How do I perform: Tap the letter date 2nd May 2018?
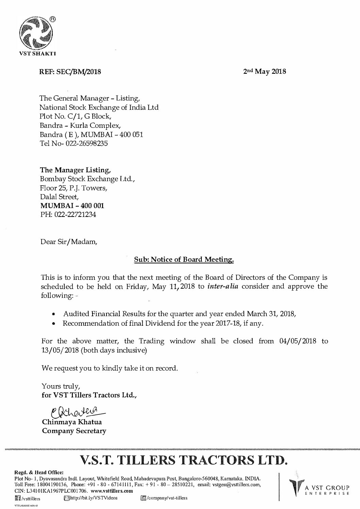pyautogui.click(x=265, y=72)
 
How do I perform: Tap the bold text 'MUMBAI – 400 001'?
pyautogui.click(x=72, y=206)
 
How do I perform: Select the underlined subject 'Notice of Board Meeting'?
pyautogui.click(x=184, y=260)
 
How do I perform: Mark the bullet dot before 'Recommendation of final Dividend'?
pyautogui.click(x=53, y=324)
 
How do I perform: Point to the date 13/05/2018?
pyautogui.click(x=60, y=350)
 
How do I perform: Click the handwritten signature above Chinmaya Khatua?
pyautogui.click(x=71, y=412)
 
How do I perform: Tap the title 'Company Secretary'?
pyautogui.click(x=74, y=431)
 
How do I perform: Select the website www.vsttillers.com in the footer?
pyautogui.click(x=112, y=491)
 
